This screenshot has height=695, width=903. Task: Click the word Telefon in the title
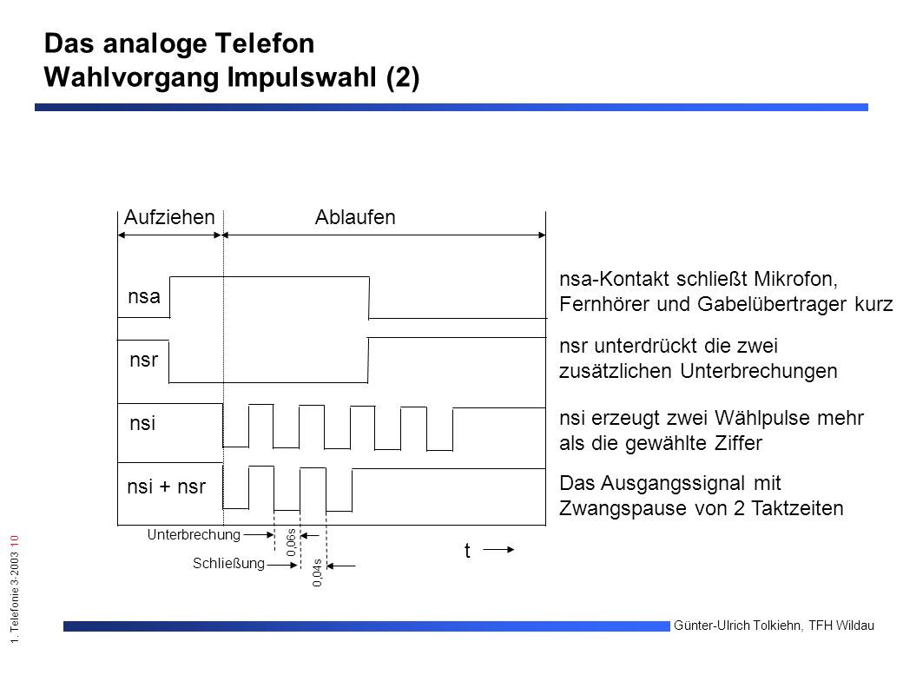(x=265, y=43)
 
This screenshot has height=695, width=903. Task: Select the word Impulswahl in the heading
(x=302, y=77)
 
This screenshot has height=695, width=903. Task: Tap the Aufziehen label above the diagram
(x=169, y=217)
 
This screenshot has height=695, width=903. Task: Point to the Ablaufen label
(x=355, y=217)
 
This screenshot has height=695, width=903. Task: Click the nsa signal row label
(x=144, y=296)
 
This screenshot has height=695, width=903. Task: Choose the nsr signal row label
(x=143, y=360)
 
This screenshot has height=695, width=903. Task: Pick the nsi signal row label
(x=142, y=423)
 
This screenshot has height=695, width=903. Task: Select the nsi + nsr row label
(x=166, y=486)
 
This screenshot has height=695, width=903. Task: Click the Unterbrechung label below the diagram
(x=194, y=535)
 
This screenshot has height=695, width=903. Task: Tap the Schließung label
(x=228, y=564)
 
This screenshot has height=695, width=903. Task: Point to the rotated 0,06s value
(x=291, y=542)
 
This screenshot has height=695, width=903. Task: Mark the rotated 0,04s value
(x=317, y=573)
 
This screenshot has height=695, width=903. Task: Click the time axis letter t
(x=467, y=551)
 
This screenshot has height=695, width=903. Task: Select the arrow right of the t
(x=498, y=550)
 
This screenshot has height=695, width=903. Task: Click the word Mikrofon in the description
(x=796, y=279)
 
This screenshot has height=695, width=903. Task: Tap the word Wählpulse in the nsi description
(x=748, y=418)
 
